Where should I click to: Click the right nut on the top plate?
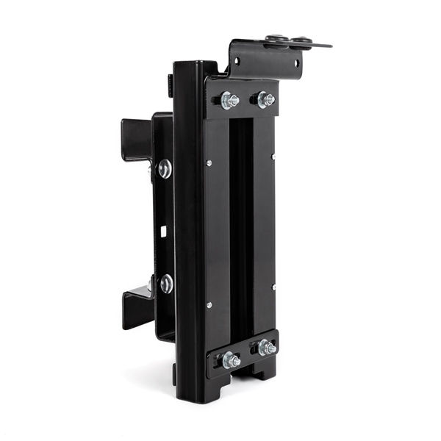[x=265, y=98]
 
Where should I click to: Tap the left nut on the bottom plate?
[x=231, y=359]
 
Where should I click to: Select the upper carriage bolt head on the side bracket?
[x=165, y=169]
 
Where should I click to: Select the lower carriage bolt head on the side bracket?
[x=166, y=284]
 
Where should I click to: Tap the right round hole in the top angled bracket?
[x=297, y=63]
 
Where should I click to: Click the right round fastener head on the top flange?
[x=301, y=41]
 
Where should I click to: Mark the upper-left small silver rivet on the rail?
[x=209, y=162]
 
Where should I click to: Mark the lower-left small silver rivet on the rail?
[x=209, y=304]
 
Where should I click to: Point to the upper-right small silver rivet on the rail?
[x=273, y=156]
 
